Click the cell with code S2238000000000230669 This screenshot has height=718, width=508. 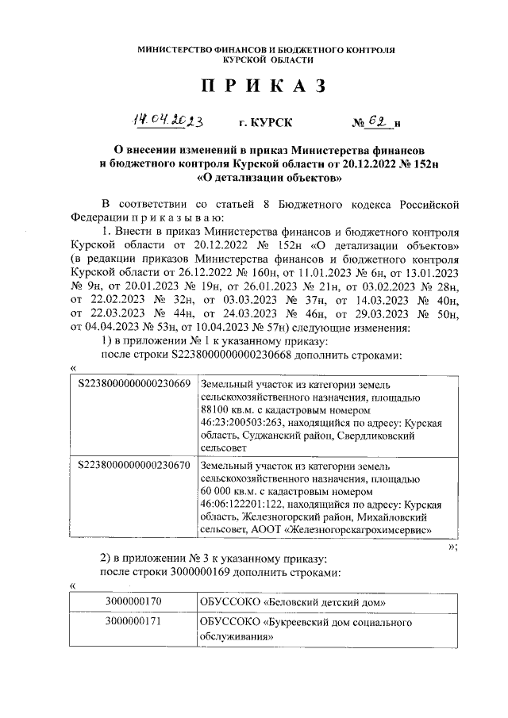[x=134, y=384]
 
